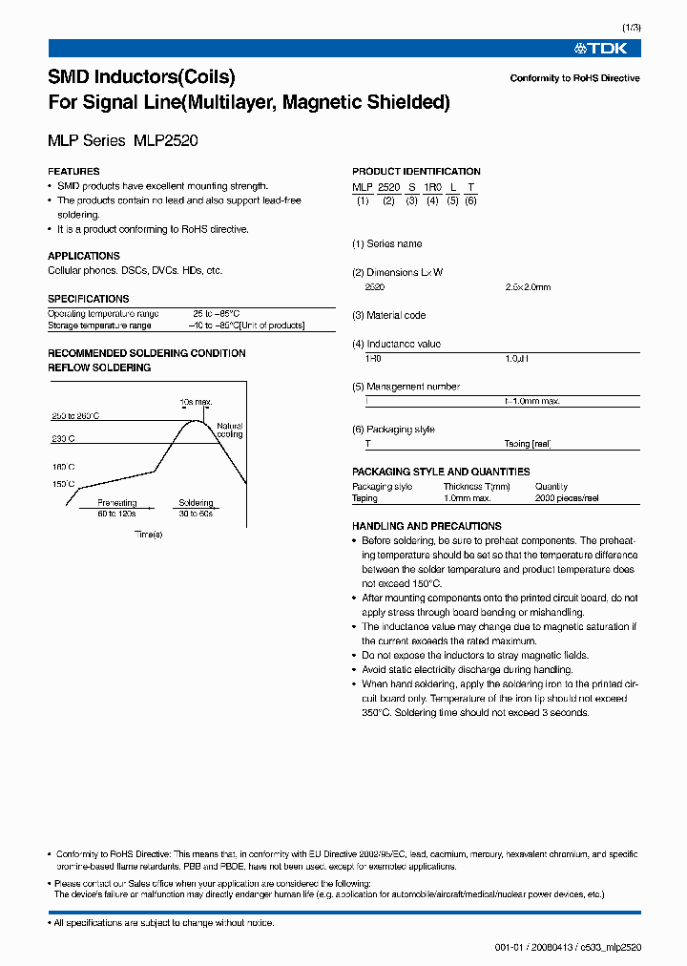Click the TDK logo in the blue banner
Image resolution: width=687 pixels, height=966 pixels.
point(600,48)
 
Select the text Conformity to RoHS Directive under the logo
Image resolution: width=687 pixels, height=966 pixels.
point(574,78)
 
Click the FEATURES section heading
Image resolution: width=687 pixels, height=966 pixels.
point(73,172)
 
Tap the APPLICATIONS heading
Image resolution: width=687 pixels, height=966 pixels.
point(84,256)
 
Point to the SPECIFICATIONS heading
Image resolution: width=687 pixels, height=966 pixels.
point(88,299)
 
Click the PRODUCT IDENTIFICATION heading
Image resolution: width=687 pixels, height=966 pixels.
point(416,172)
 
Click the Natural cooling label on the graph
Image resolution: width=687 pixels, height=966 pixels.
point(230,430)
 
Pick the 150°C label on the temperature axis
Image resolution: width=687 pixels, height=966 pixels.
point(64,485)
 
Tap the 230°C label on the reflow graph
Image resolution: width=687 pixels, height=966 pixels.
point(64,438)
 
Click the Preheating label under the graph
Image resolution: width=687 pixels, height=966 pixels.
point(117,503)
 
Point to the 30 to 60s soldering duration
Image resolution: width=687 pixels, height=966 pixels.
point(196,514)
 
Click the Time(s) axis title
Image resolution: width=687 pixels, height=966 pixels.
point(148,534)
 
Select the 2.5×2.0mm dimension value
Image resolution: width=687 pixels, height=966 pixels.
point(528,286)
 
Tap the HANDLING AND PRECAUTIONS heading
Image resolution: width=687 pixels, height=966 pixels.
point(427,526)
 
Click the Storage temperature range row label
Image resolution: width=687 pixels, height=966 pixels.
point(99,325)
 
